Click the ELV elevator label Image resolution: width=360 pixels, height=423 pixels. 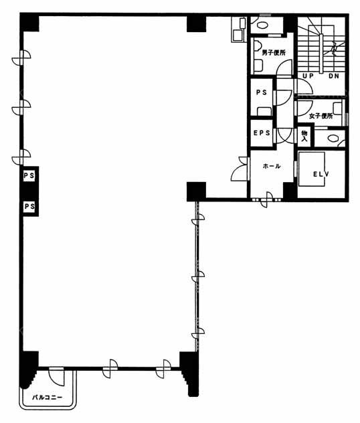321,174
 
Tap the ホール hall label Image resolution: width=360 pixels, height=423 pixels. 272,166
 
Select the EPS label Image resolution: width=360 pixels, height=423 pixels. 262,133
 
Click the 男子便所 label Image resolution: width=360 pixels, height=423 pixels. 274,53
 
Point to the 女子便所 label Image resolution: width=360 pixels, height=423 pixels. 321,116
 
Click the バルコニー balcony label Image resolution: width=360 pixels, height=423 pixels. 48,398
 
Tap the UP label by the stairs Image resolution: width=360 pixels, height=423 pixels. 308,76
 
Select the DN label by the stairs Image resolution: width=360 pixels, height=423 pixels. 334,76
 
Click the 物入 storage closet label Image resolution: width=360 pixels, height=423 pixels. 304,137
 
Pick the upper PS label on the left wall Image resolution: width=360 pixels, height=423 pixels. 29,175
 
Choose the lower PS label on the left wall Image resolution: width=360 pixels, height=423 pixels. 29,206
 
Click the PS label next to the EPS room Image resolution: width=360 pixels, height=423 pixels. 262,92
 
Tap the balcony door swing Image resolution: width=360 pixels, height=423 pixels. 57,376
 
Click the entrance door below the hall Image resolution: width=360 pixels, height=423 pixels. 267,199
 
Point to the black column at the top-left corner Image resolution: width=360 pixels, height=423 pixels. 29,23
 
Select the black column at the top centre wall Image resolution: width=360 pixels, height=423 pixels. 196,23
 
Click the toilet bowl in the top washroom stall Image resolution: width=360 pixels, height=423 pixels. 262,25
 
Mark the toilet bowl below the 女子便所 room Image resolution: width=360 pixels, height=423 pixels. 333,139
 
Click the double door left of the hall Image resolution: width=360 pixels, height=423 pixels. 240,169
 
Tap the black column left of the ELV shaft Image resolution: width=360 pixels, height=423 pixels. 290,191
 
